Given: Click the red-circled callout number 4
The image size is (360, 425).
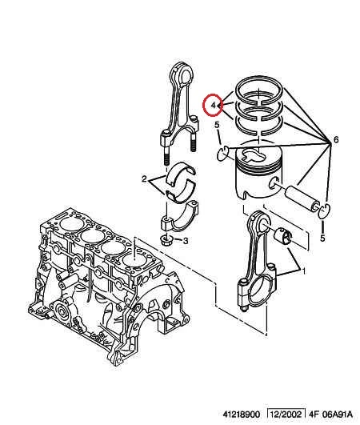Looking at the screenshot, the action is click(x=213, y=105).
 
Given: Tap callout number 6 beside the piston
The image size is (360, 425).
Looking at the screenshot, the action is click(x=336, y=140).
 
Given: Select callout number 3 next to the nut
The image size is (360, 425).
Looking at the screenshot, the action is click(x=186, y=241).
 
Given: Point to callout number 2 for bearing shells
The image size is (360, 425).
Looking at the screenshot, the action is click(x=144, y=179).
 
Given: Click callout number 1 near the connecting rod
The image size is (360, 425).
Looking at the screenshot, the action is click(x=303, y=271).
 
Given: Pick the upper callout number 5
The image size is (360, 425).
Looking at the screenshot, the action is click(x=217, y=125).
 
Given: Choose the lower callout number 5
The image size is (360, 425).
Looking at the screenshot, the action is click(x=322, y=239).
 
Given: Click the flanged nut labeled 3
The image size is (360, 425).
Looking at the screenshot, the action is click(x=166, y=240).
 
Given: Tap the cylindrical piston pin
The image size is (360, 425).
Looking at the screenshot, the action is click(x=302, y=198).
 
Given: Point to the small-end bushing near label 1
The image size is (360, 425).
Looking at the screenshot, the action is click(x=283, y=236).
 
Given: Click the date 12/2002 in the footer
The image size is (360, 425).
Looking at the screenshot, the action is click(x=286, y=415).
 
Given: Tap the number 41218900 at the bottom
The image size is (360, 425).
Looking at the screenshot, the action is click(x=241, y=415).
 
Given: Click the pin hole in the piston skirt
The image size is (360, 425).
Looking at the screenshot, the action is click(x=274, y=183).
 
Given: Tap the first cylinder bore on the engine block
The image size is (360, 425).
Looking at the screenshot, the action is click(x=70, y=223).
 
